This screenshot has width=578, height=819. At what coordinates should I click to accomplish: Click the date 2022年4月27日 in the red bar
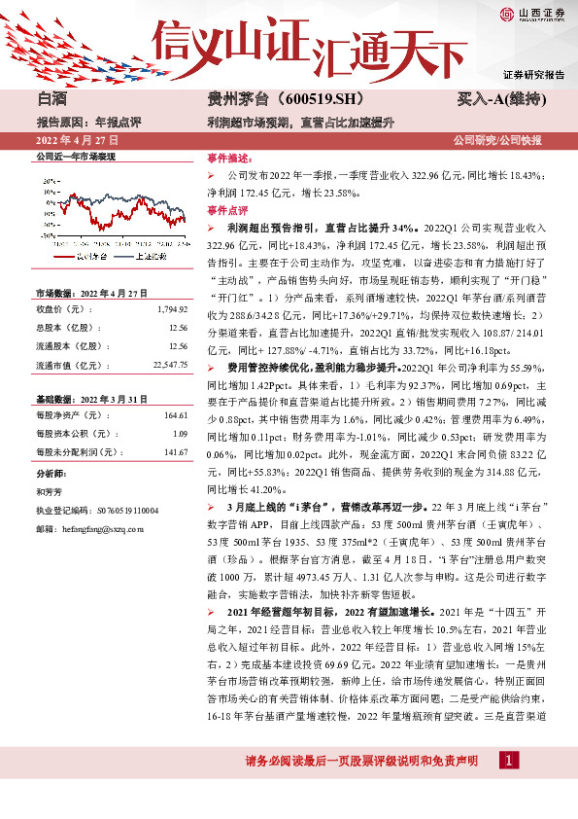pos(70,142)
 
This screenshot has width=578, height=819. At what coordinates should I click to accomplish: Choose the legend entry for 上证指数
pos(147,256)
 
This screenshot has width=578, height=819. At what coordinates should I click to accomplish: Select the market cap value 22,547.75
pos(166,364)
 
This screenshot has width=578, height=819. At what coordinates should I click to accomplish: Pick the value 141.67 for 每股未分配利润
pos(174,451)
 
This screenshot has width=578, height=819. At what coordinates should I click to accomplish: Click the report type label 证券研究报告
pos(533,75)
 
